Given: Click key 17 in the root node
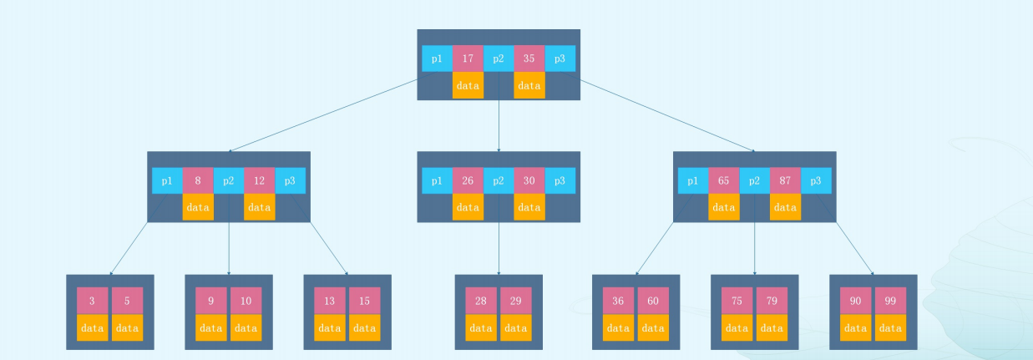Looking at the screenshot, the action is point(468,58).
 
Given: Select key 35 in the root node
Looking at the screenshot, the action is point(529,58).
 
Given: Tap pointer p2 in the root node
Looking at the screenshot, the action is point(499,58).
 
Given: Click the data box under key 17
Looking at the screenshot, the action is point(468,85).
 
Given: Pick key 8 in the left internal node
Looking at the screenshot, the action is point(198,180).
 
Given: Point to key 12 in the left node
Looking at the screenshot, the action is point(259,180).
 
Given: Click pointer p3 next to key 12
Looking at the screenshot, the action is point(290,180).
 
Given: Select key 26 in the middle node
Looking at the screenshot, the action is point(468,180).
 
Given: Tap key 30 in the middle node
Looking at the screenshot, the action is point(529,180).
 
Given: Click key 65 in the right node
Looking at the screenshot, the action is point(723,180).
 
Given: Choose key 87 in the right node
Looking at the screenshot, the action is point(785,180).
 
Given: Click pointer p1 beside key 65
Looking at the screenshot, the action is point(693,180).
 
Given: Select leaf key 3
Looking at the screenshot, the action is point(92,301).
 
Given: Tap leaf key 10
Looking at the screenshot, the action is point(246,301).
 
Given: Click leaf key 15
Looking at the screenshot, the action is point(364,301).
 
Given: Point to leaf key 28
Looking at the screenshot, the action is point(481,301).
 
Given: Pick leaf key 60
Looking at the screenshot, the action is point(653,301).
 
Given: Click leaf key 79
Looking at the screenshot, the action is point(772,301).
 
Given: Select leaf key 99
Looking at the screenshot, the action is point(890,301).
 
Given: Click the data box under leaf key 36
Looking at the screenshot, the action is point(618,327).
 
